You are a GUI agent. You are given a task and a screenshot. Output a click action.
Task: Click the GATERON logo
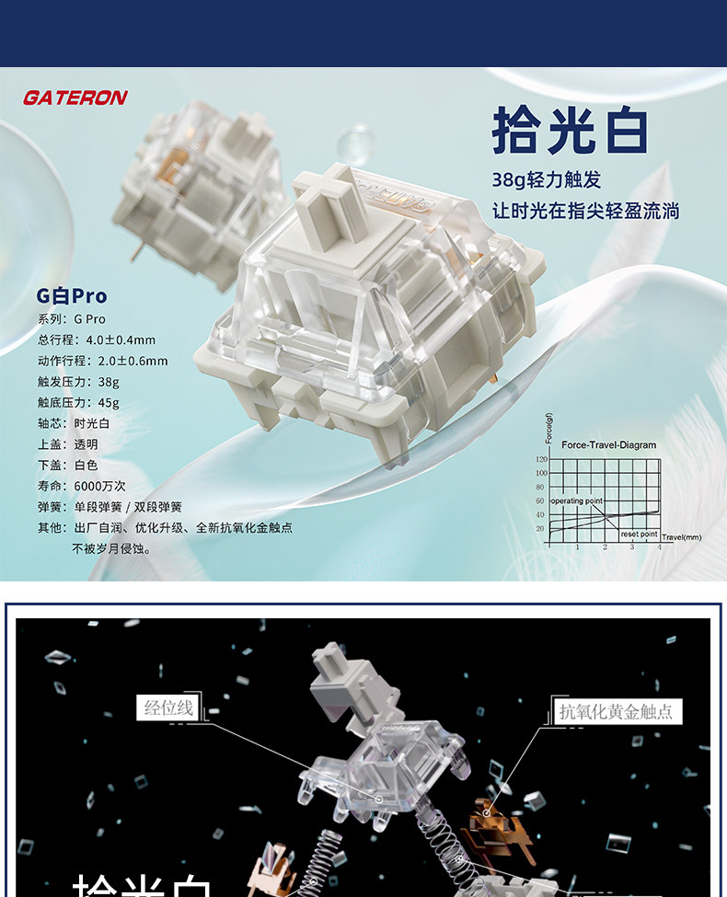click(x=75, y=98)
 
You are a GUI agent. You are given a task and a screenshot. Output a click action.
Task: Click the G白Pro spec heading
click(x=72, y=296)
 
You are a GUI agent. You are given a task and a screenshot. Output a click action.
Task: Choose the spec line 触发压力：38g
click(x=78, y=382)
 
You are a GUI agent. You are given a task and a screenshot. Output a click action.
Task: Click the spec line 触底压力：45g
click(x=78, y=403)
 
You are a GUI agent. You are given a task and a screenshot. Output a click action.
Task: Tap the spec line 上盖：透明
click(x=67, y=444)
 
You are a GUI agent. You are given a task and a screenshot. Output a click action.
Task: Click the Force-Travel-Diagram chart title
click(x=608, y=445)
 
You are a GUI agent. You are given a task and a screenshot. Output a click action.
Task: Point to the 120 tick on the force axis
click(x=541, y=459)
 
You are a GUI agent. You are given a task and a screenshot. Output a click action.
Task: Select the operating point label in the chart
click(x=577, y=500)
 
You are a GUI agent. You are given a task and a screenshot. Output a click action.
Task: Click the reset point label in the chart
click(x=639, y=534)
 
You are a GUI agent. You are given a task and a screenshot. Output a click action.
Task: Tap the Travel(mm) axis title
click(x=681, y=537)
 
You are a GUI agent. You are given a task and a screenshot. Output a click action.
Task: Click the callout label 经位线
click(x=167, y=708)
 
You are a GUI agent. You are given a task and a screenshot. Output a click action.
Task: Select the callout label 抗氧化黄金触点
click(x=616, y=711)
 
